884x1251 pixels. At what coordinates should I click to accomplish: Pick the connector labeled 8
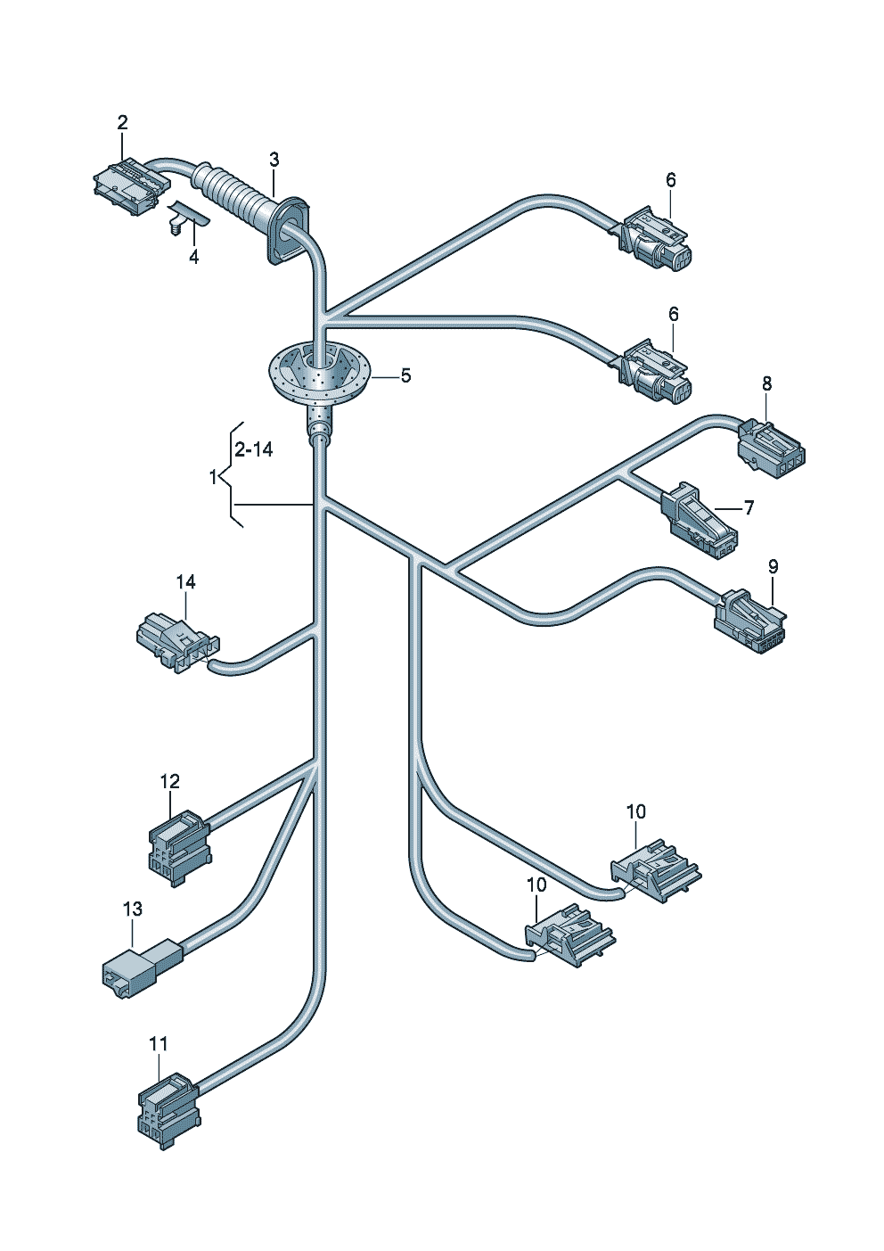click(770, 443)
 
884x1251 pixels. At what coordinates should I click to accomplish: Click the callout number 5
click(405, 375)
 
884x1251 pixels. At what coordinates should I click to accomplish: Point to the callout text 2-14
click(253, 449)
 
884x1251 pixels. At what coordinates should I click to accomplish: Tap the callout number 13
click(132, 909)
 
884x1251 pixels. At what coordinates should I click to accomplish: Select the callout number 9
click(773, 566)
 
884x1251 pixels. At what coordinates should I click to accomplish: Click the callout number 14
click(185, 581)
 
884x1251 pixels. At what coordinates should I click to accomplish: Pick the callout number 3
click(274, 160)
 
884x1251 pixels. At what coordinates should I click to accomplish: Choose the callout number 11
click(159, 1043)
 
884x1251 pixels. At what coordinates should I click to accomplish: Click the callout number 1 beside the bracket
click(213, 478)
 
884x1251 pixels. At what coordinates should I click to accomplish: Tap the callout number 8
click(766, 383)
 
